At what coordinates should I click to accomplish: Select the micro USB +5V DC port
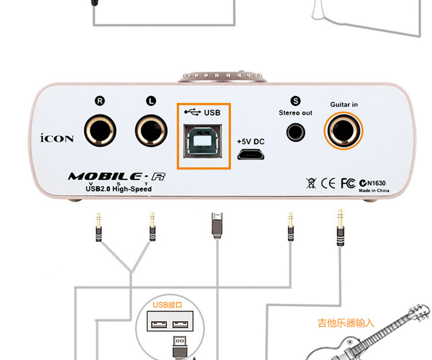[x=250, y=154]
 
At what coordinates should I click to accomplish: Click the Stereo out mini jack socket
[x=296, y=131]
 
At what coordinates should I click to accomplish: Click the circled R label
[x=100, y=101]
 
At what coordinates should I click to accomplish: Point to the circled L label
[x=151, y=101]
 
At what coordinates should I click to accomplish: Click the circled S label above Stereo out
[x=296, y=101]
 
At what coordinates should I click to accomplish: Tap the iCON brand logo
[x=57, y=138]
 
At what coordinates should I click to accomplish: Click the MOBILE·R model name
[x=116, y=176]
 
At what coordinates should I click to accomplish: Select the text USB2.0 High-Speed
[x=118, y=188]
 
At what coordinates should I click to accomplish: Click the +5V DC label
[x=250, y=141]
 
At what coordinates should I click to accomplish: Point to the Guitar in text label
[x=344, y=104]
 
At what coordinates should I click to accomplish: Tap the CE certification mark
[x=329, y=183]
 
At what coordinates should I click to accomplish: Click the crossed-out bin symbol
[x=312, y=183]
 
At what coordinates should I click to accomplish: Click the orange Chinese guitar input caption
[x=346, y=323]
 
